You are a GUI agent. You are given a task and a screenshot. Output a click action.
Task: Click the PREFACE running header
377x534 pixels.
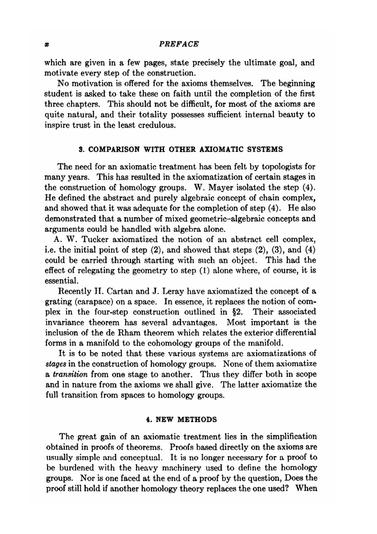pyautogui.click(x=179, y=44)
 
